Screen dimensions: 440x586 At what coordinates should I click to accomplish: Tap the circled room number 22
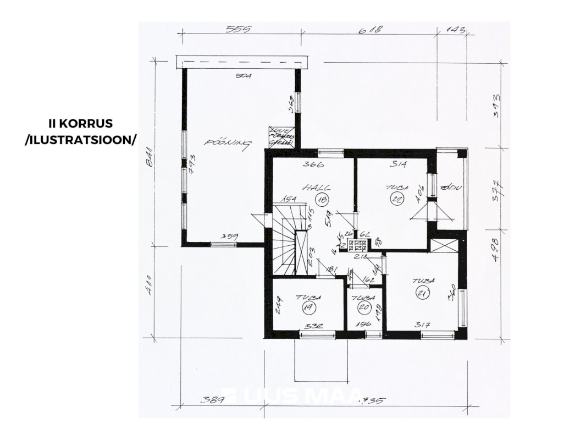pos(396,199)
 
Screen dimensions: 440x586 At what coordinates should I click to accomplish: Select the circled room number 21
pos(423,294)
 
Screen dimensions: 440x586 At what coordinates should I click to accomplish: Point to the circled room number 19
pos(306,309)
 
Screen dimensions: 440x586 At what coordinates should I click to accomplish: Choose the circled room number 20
pos(362,309)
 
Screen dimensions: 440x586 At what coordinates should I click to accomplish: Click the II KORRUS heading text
pos(80,124)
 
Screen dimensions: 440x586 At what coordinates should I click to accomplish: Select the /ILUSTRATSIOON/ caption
pos(80,140)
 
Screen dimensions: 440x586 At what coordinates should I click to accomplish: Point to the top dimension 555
pos(239,29)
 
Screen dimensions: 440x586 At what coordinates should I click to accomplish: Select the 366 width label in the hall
pos(314,164)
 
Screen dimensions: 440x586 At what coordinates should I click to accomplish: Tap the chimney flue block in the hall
pos(357,246)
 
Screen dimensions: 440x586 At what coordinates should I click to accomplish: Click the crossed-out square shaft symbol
pos(445,245)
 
